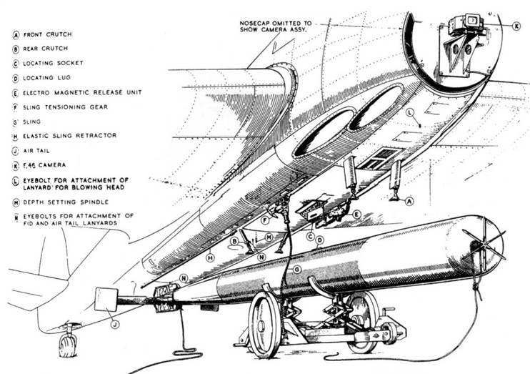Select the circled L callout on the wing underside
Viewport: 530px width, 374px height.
409,114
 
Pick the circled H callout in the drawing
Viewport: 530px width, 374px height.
211,257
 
